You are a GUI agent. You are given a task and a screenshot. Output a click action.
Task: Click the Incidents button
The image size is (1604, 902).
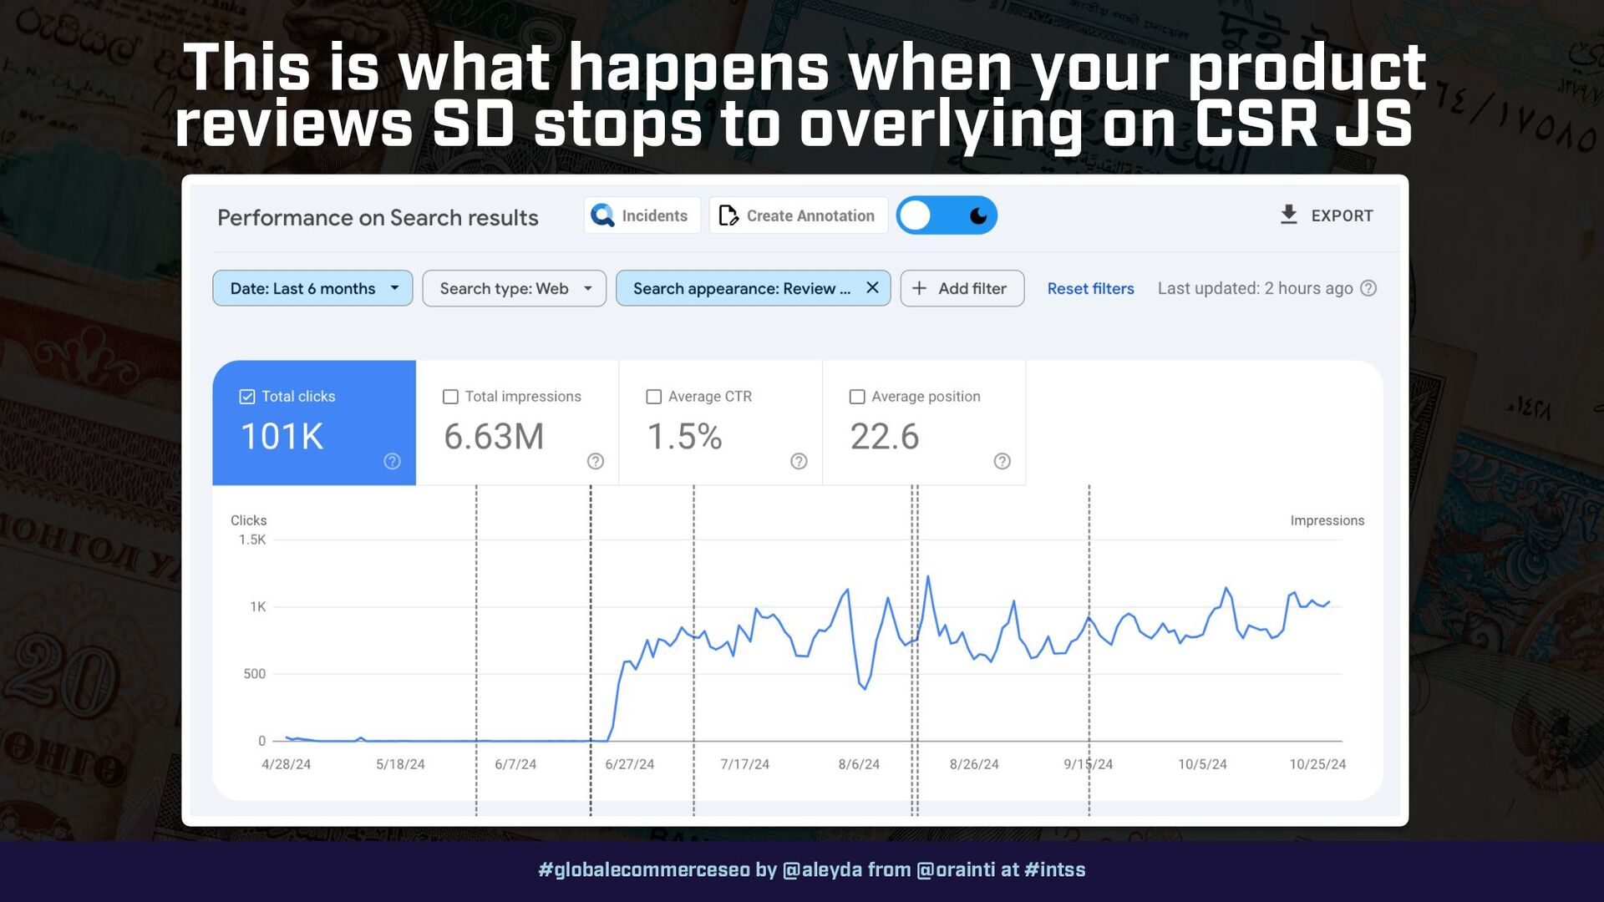coord(642,215)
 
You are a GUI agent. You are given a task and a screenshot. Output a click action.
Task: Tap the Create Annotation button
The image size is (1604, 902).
coord(798,215)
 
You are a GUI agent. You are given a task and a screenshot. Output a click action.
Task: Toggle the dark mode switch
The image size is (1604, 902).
coord(947,215)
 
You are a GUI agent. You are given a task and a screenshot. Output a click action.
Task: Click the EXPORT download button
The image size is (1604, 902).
coord(1327,215)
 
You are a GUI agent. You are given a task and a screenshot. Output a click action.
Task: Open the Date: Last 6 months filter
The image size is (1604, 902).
coord(312,288)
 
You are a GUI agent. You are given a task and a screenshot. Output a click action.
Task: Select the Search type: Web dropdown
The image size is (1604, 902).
coord(514,288)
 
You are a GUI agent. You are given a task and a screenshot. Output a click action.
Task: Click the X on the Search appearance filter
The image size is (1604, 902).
coord(872,287)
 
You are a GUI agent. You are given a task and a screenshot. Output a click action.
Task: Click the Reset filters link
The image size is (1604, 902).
coord(1090,288)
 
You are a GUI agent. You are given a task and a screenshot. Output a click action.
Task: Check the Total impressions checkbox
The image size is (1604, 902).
coord(450,397)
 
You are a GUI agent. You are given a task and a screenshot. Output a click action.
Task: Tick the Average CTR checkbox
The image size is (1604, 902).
coord(654,397)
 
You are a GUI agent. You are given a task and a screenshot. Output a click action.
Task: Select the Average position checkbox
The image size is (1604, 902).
coord(857,397)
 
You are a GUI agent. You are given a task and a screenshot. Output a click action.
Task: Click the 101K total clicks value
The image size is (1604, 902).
coord(282,437)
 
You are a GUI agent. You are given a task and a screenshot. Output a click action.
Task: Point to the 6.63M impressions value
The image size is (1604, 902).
coord(494,437)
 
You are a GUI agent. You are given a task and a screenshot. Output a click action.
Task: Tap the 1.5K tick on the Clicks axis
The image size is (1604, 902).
coord(252,540)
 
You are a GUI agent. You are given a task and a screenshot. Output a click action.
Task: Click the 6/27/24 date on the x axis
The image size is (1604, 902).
coord(630,764)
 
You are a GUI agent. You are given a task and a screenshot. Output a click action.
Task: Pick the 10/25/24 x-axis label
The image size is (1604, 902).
coord(1317,764)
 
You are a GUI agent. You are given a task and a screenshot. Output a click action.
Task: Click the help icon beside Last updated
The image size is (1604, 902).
coord(1368,288)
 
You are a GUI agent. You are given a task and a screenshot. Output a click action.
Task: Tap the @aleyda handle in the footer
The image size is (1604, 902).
coord(822,870)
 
